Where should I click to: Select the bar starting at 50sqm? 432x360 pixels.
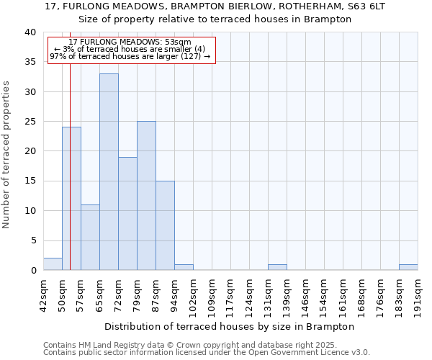click(x=71, y=198)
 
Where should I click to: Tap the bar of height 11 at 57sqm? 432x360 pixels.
click(x=90, y=237)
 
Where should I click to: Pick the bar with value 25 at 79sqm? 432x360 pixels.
click(x=146, y=195)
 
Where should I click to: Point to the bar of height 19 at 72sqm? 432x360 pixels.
click(x=127, y=213)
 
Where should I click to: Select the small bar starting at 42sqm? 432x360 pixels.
click(x=53, y=264)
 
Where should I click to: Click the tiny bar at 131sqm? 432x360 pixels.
click(x=277, y=267)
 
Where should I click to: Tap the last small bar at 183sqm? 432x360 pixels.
click(x=408, y=267)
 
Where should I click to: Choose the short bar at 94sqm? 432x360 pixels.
click(x=184, y=267)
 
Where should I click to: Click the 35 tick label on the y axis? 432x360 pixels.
click(x=30, y=62)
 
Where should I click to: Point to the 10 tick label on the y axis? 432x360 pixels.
click(x=30, y=211)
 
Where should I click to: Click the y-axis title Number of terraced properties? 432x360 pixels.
click(x=7, y=155)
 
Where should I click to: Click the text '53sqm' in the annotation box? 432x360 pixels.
click(x=177, y=42)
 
